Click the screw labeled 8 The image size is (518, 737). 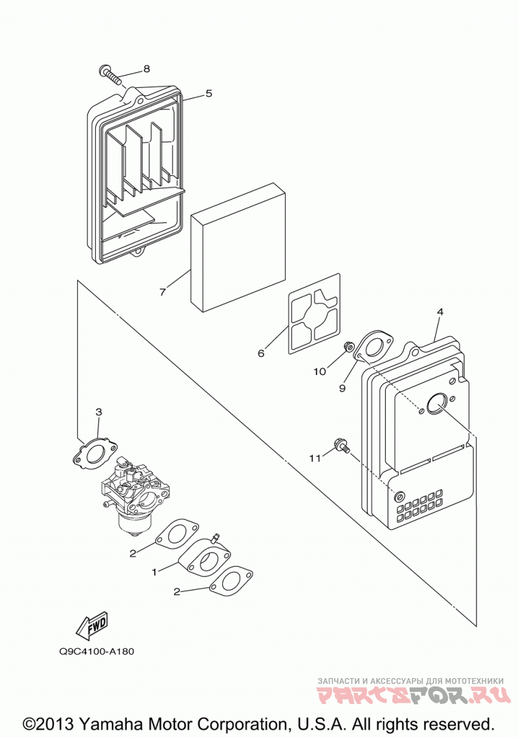coord(110,74)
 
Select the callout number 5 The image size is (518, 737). coord(208,93)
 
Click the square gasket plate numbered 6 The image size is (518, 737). coord(314,313)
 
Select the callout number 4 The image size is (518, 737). coord(440,312)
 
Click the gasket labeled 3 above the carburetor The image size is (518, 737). coord(93,453)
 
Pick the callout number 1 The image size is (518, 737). coord(153,572)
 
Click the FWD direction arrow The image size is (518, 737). coord(92,625)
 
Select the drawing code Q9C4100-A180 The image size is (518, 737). coord(97,652)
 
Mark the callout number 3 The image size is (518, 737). coord(98,412)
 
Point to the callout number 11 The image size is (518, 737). coord(315,458)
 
